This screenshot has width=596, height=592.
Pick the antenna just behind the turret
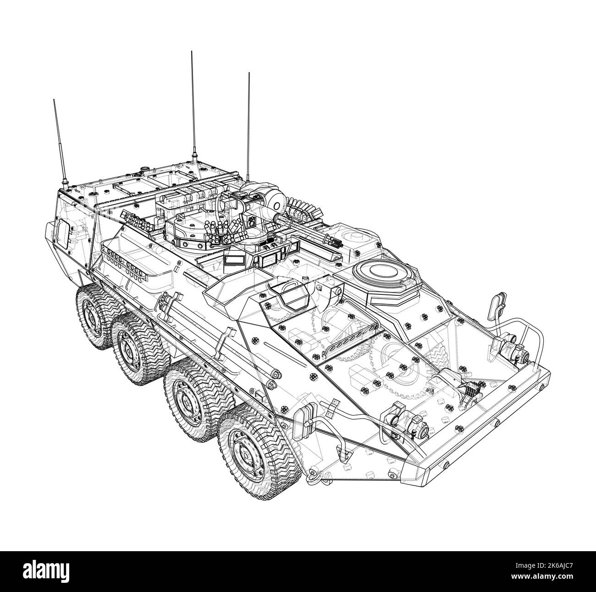coord(248,124)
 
